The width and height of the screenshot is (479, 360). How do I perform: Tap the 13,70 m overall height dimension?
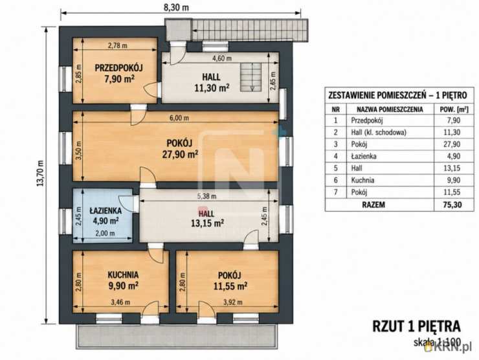pos(40,174)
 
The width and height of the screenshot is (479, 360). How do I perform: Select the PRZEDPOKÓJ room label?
pos(119,68)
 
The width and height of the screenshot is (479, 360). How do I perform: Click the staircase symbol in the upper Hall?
pos(251,77)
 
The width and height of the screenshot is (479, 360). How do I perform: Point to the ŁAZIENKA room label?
pos(106,210)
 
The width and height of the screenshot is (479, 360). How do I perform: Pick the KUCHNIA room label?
pos(123,275)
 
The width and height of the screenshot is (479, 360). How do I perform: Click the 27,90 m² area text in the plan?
pos(180,154)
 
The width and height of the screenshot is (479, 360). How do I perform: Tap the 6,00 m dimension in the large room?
pos(179,118)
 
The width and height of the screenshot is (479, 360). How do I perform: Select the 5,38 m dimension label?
pos(207,196)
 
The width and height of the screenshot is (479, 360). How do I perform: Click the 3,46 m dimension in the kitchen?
pos(120,302)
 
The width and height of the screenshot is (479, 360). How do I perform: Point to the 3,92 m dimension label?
pos(233,302)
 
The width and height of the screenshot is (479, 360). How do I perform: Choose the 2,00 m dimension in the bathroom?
pos(106,233)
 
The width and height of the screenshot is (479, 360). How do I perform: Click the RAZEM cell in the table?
pos(373,205)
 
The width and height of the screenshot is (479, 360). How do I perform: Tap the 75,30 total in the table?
pos(452,205)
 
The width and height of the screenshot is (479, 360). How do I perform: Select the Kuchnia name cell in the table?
pos(362,180)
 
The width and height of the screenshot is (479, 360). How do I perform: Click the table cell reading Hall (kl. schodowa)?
pos(379,132)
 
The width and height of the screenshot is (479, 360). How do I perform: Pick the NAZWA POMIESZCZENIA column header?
pos(390,109)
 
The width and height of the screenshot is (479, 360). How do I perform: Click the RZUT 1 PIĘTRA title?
pos(416,326)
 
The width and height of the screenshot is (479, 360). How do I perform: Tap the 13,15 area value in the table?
pos(452,168)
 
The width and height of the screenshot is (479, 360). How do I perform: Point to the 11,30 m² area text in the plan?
pos(212,88)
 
